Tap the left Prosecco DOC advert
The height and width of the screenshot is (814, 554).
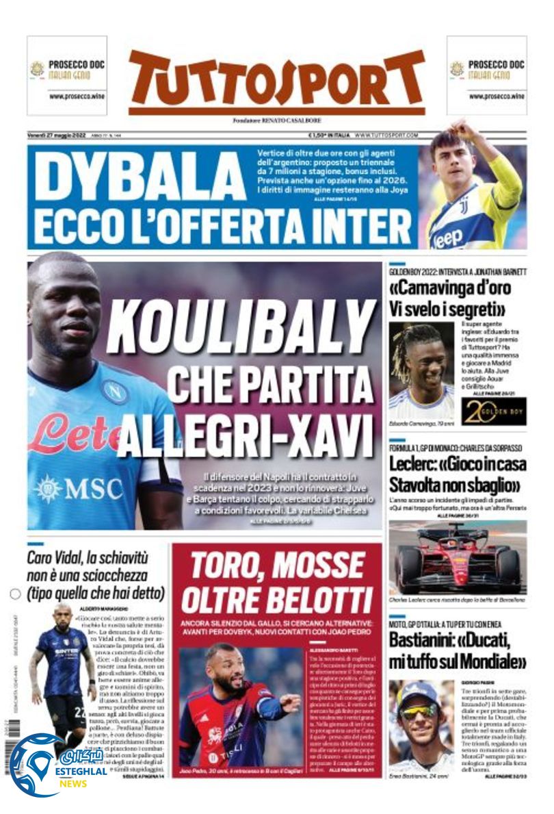click(67, 75)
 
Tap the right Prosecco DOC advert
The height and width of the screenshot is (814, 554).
click(486, 75)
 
